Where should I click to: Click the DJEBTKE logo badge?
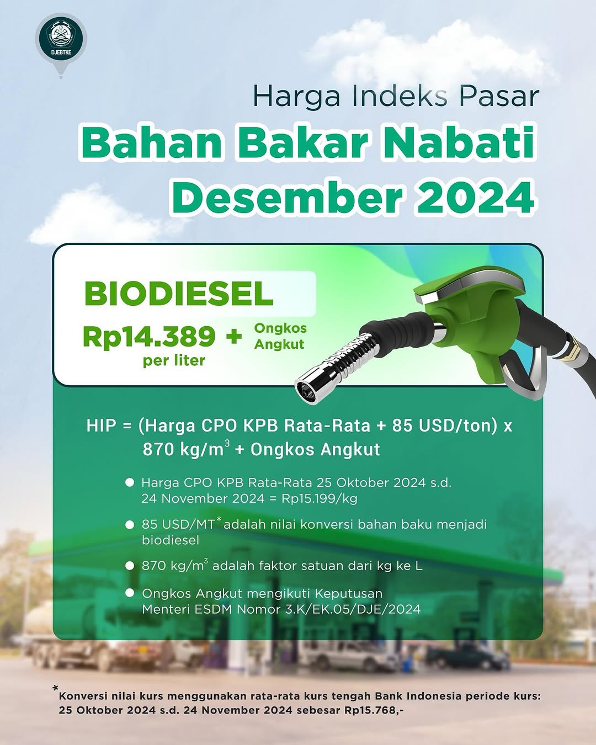pos(61,38)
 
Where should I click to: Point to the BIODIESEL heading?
pos(178,294)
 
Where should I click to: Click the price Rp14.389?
pos(149,336)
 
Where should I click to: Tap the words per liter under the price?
pos(174,361)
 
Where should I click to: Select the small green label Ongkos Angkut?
pos(280,336)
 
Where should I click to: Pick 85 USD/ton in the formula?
pos(442,426)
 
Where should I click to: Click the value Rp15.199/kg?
pos(320,498)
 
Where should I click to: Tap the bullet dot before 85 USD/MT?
pos(130,525)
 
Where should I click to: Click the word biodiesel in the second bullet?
pos(171,540)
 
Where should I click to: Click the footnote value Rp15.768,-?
pos(374,710)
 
